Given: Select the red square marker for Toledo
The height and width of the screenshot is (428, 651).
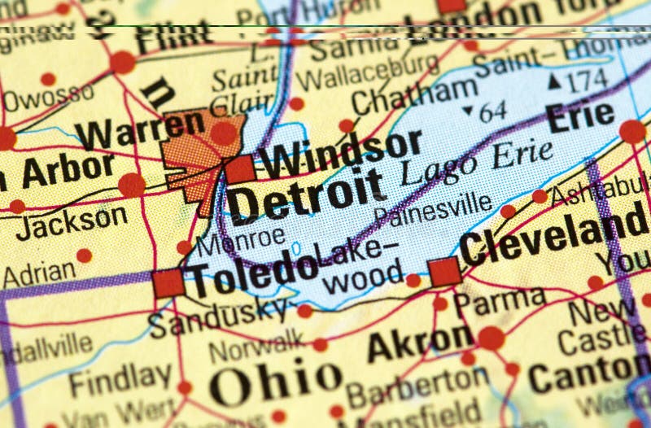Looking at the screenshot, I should [x=168, y=283].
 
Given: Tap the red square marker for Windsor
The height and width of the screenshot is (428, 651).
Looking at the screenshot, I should [x=240, y=169].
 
